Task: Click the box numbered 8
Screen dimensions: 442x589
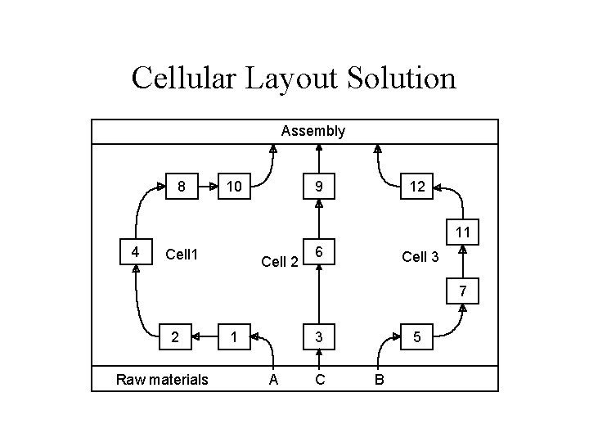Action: tap(182, 187)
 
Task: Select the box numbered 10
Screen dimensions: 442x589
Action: tap(234, 187)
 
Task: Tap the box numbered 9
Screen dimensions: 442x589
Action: tap(319, 187)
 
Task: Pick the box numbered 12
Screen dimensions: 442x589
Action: tap(417, 187)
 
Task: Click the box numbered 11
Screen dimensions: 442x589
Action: tap(463, 233)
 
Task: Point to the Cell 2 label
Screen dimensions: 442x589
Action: tap(279, 262)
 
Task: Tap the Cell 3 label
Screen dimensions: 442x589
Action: tap(420, 256)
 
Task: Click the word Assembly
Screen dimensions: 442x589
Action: tap(312, 131)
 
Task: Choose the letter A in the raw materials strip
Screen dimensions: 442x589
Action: tap(272, 379)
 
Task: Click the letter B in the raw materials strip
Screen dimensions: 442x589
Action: tap(378, 379)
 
